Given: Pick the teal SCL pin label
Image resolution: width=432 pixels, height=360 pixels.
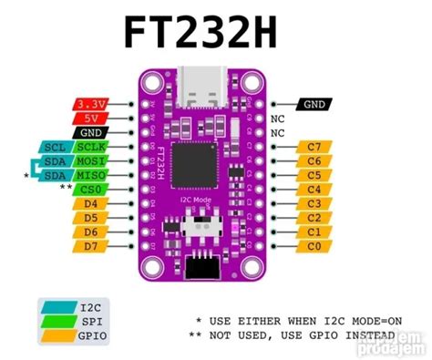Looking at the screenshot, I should [54, 147].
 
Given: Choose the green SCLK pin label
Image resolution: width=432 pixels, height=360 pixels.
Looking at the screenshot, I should [91, 147].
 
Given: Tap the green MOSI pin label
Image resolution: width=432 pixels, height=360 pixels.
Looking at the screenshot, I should [91, 160].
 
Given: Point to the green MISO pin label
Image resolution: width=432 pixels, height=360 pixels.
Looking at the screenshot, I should [91, 175].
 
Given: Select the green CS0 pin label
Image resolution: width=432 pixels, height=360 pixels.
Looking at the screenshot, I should [91, 189].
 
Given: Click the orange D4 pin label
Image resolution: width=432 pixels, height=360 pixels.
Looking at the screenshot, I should [91, 203].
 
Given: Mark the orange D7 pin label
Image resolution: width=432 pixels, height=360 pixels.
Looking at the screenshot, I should [91, 246].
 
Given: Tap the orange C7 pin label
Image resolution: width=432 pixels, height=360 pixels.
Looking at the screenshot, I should [314, 147].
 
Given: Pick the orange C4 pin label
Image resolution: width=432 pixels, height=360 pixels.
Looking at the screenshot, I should [314, 189].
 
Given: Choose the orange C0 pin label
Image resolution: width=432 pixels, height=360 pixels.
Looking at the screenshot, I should [314, 246].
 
